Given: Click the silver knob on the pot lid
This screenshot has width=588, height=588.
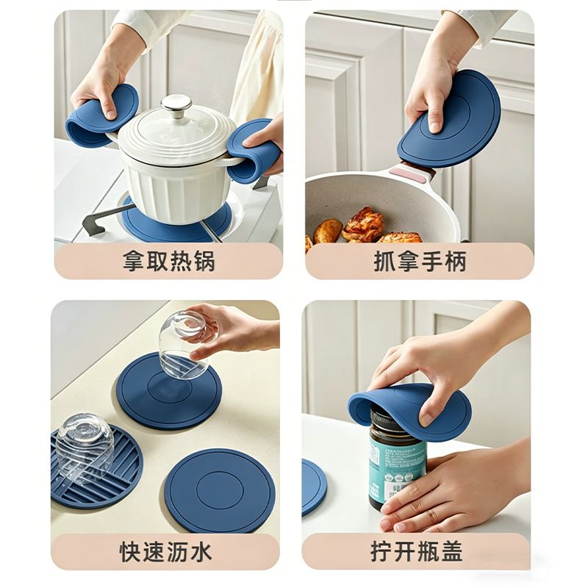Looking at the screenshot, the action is [x=176, y=106].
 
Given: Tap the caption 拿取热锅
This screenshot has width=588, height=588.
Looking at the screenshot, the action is [x=169, y=262].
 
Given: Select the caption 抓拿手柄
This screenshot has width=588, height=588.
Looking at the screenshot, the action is [x=420, y=262].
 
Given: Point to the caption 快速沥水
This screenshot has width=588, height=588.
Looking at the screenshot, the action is [x=166, y=552].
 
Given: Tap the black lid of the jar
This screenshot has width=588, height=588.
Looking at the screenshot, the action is [x=390, y=418].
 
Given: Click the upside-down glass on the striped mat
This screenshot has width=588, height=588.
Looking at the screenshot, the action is [x=85, y=447].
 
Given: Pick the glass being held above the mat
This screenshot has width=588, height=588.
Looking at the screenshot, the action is [x=183, y=345].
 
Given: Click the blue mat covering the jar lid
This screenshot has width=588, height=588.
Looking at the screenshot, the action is [x=409, y=411].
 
